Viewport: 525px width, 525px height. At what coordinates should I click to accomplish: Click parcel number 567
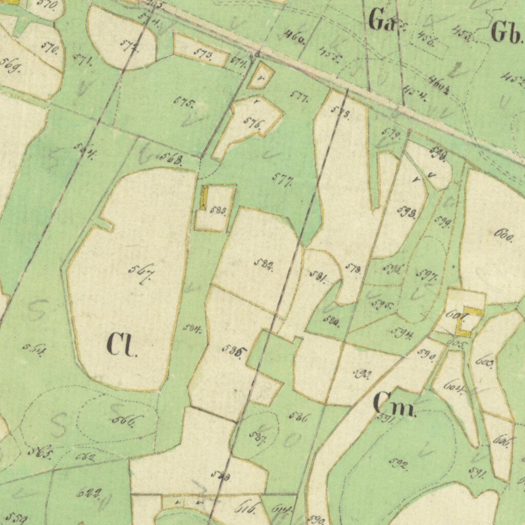point(142,273)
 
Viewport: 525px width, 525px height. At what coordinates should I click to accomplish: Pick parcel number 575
point(184,102)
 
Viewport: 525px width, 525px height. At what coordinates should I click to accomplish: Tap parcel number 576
point(254,124)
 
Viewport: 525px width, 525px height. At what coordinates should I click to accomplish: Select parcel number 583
point(218,211)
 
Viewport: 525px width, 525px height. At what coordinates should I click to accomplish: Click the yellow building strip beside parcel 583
point(204,198)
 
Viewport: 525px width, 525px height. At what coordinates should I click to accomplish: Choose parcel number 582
point(264,265)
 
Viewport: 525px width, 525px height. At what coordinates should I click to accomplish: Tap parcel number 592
point(398,464)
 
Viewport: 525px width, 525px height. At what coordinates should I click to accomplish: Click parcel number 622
point(88,493)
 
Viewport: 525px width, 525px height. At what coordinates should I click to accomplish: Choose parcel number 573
point(203,54)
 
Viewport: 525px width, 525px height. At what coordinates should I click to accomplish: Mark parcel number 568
point(171,158)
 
